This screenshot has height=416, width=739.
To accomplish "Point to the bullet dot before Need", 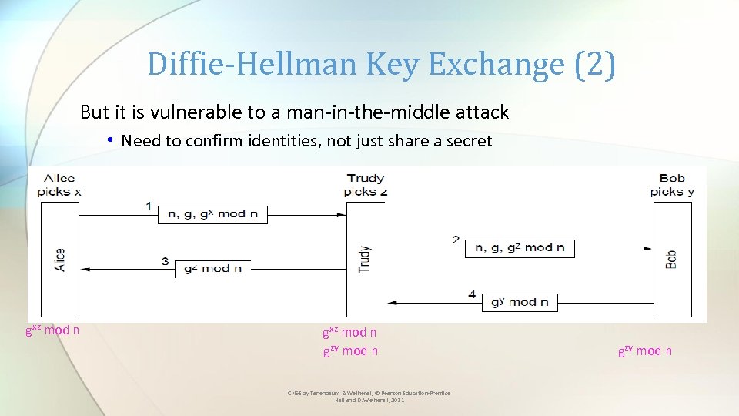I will [111, 140].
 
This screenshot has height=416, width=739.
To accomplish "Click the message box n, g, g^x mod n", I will [212, 214].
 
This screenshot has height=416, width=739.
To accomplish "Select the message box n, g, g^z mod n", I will [520, 248].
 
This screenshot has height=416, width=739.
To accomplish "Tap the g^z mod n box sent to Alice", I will [212, 269].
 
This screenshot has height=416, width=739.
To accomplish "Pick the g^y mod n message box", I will [520, 302].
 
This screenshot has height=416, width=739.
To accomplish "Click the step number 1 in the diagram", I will [148, 206].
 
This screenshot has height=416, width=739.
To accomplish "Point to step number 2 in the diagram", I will [456, 240].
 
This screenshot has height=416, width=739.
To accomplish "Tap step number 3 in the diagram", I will [165, 262].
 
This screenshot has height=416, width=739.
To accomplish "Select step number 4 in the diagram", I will [472, 294].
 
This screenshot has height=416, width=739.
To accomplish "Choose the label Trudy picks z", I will [366, 185].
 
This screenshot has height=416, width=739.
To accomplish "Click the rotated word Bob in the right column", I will [671, 258].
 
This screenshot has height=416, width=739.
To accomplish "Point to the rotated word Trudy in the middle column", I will [365, 260].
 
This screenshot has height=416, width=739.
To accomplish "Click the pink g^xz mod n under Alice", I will [52, 330].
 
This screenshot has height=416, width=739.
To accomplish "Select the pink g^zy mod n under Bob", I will [645, 351].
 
